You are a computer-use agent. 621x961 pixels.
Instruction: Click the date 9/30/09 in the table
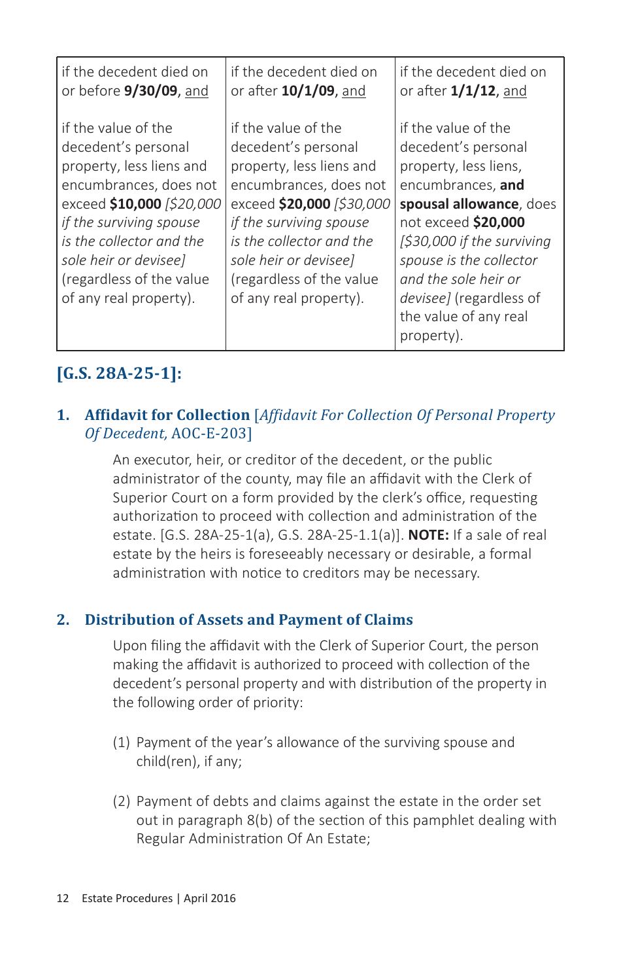click(x=150, y=91)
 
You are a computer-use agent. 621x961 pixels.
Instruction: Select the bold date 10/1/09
click(x=308, y=91)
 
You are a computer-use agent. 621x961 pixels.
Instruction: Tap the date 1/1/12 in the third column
click(x=473, y=91)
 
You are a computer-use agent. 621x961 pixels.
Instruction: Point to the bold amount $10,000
click(x=135, y=204)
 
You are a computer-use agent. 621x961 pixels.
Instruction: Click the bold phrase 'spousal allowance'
click(x=459, y=204)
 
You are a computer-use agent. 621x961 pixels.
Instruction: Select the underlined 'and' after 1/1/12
click(x=514, y=91)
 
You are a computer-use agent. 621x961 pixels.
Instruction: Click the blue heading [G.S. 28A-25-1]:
click(x=120, y=374)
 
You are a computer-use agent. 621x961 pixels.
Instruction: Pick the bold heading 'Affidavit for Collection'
click(x=167, y=415)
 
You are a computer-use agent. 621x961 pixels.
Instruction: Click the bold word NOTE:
click(x=428, y=535)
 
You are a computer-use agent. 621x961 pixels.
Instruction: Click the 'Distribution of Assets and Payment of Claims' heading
click(x=248, y=620)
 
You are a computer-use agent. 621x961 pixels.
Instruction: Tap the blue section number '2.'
click(x=63, y=620)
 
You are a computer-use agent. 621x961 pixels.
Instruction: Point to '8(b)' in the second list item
click(x=261, y=820)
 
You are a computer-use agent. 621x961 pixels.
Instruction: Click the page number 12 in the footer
click(x=63, y=898)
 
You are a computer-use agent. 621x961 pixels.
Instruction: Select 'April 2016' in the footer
click(x=209, y=898)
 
